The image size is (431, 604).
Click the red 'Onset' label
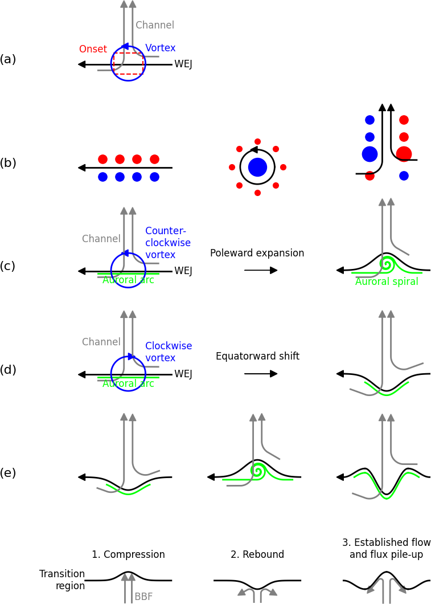click(93, 50)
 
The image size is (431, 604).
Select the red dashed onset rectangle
click(128, 64)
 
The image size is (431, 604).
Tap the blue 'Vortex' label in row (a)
click(160, 48)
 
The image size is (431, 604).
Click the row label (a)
click(8, 60)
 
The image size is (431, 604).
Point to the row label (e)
click(8, 474)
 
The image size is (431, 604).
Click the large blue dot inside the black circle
click(257, 168)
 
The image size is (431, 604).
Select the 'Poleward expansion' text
click(257, 254)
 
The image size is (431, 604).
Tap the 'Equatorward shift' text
click(257, 357)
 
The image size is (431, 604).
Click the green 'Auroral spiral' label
click(387, 282)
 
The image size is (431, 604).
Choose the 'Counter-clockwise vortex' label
click(167, 243)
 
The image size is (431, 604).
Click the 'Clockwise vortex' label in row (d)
click(168, 352)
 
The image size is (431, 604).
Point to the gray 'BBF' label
click(143, 597)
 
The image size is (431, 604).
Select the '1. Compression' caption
click(128, 555)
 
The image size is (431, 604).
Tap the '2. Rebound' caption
click(257, 555)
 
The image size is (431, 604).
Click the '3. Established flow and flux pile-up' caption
click(387, 549)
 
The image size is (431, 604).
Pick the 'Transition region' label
click(62, 580)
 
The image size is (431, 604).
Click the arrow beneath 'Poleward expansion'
click(261, 270)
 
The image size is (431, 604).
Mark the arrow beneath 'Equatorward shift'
click(261, 374)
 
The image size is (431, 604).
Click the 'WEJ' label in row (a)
click(183, 64)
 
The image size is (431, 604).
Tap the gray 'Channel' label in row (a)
click(155, 26)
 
